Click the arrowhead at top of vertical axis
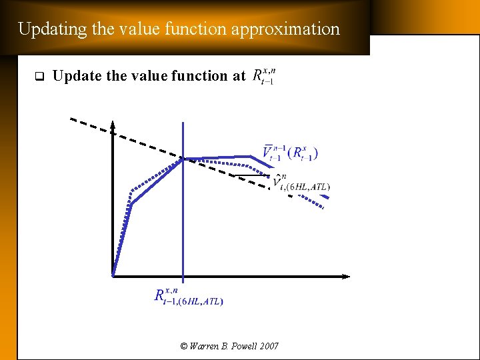(x=113, y=125)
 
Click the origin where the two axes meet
(x=113, y=275)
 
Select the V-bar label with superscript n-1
(x=289, y=153)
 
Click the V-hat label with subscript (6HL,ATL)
(x=300, y=183)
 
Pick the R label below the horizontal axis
(x=189, y=296)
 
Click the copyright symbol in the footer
(x=184, y=346)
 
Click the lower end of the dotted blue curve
(x=323, y=209)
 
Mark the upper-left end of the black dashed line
(x=72, y=119)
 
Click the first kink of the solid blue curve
(x=131, y=203)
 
